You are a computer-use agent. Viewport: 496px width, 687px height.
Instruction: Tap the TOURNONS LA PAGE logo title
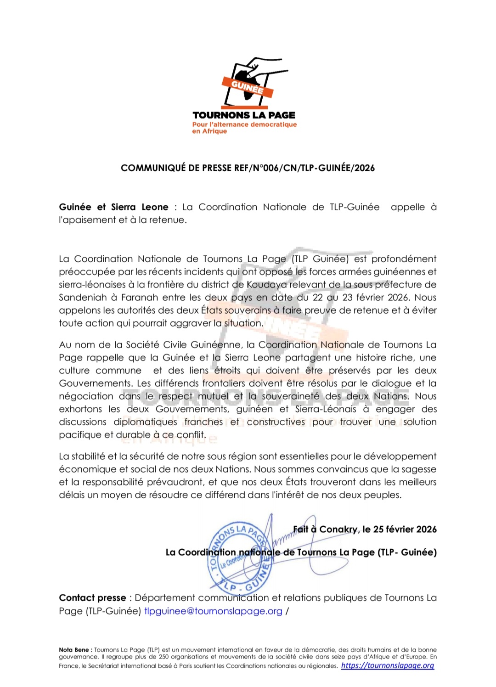point(244,115)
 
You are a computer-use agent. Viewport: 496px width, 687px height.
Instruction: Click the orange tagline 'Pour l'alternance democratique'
point(244,124)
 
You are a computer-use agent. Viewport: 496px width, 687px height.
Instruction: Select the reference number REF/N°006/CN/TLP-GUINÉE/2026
point(304,168)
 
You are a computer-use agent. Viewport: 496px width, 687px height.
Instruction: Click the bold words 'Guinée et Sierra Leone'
point(113,207)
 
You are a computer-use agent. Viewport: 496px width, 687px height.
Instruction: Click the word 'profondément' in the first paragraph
point(404,259)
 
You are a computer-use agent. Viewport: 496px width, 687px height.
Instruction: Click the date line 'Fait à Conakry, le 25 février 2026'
point(365,529)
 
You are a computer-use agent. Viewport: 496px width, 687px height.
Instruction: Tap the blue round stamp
point(240,557)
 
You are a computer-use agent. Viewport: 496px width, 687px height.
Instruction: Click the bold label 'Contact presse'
point(92,598)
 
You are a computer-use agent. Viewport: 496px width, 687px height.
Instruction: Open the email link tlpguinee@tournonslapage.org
point(213,611)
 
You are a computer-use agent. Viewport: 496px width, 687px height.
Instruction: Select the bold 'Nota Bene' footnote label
point(75,650)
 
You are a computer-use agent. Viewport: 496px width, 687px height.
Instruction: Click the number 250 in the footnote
point(164,657)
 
